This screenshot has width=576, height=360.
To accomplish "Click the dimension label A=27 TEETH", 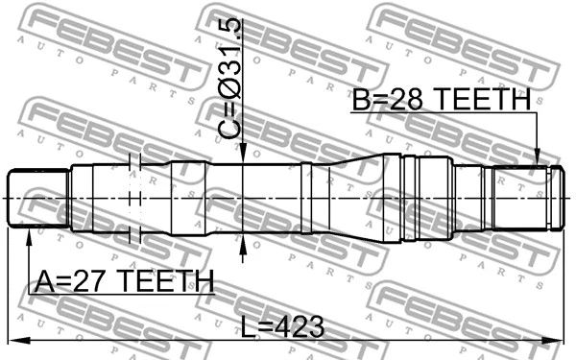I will pyautogui.click(x=124, y=280).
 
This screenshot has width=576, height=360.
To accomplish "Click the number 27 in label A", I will pyautogui.click(x=95, y=280).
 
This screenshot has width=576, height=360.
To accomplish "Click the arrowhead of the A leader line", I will pyautogui.click(x=28, y=236).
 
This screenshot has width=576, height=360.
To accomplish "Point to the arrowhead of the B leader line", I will pyautogui.click(x=538, y=158).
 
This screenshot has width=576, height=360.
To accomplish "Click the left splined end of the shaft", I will pyautogui.click(x=37, y=199).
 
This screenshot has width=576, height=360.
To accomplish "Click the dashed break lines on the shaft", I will pyautogui.click(x=134, y=198).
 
